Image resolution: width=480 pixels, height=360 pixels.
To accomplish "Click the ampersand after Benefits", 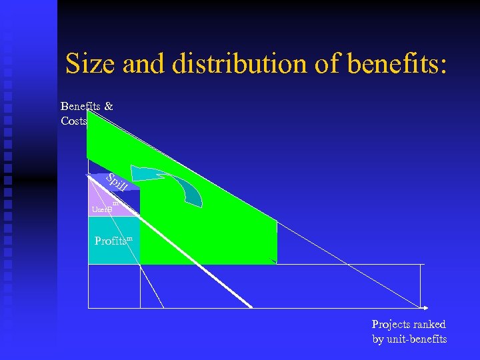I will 109,106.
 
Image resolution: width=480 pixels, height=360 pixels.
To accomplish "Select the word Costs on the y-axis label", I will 73,121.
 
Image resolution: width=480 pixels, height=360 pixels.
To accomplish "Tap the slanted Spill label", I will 118,181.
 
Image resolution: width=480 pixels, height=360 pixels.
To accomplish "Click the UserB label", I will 101,209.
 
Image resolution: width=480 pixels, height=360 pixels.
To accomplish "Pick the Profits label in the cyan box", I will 111,241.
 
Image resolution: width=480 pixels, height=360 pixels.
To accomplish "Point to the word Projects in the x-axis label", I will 389,325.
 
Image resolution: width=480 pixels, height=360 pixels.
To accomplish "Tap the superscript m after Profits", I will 129,237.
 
